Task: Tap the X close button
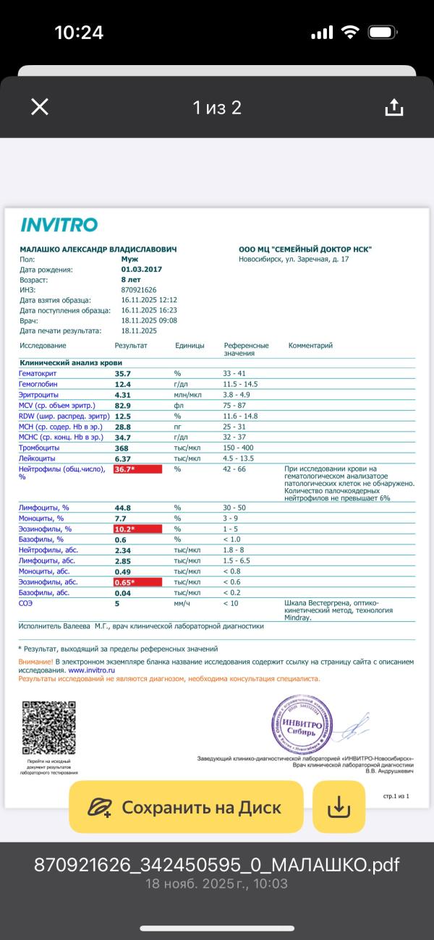point(40,107)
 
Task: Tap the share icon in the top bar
point(393,107)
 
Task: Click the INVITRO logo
point(59,225)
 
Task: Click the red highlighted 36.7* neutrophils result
point(137,469)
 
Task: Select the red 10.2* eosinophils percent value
point(137,529)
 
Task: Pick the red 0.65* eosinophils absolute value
point(137,582)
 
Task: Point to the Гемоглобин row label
point(38,384)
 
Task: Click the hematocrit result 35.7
point(123,373)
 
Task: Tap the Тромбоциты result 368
point(122,448)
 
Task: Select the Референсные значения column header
point(246,349)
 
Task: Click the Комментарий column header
point(310,346)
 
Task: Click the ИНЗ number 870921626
point(139,289)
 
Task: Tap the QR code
point(49,728)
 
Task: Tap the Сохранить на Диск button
point(186,807)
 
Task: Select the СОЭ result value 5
point(117,602)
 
